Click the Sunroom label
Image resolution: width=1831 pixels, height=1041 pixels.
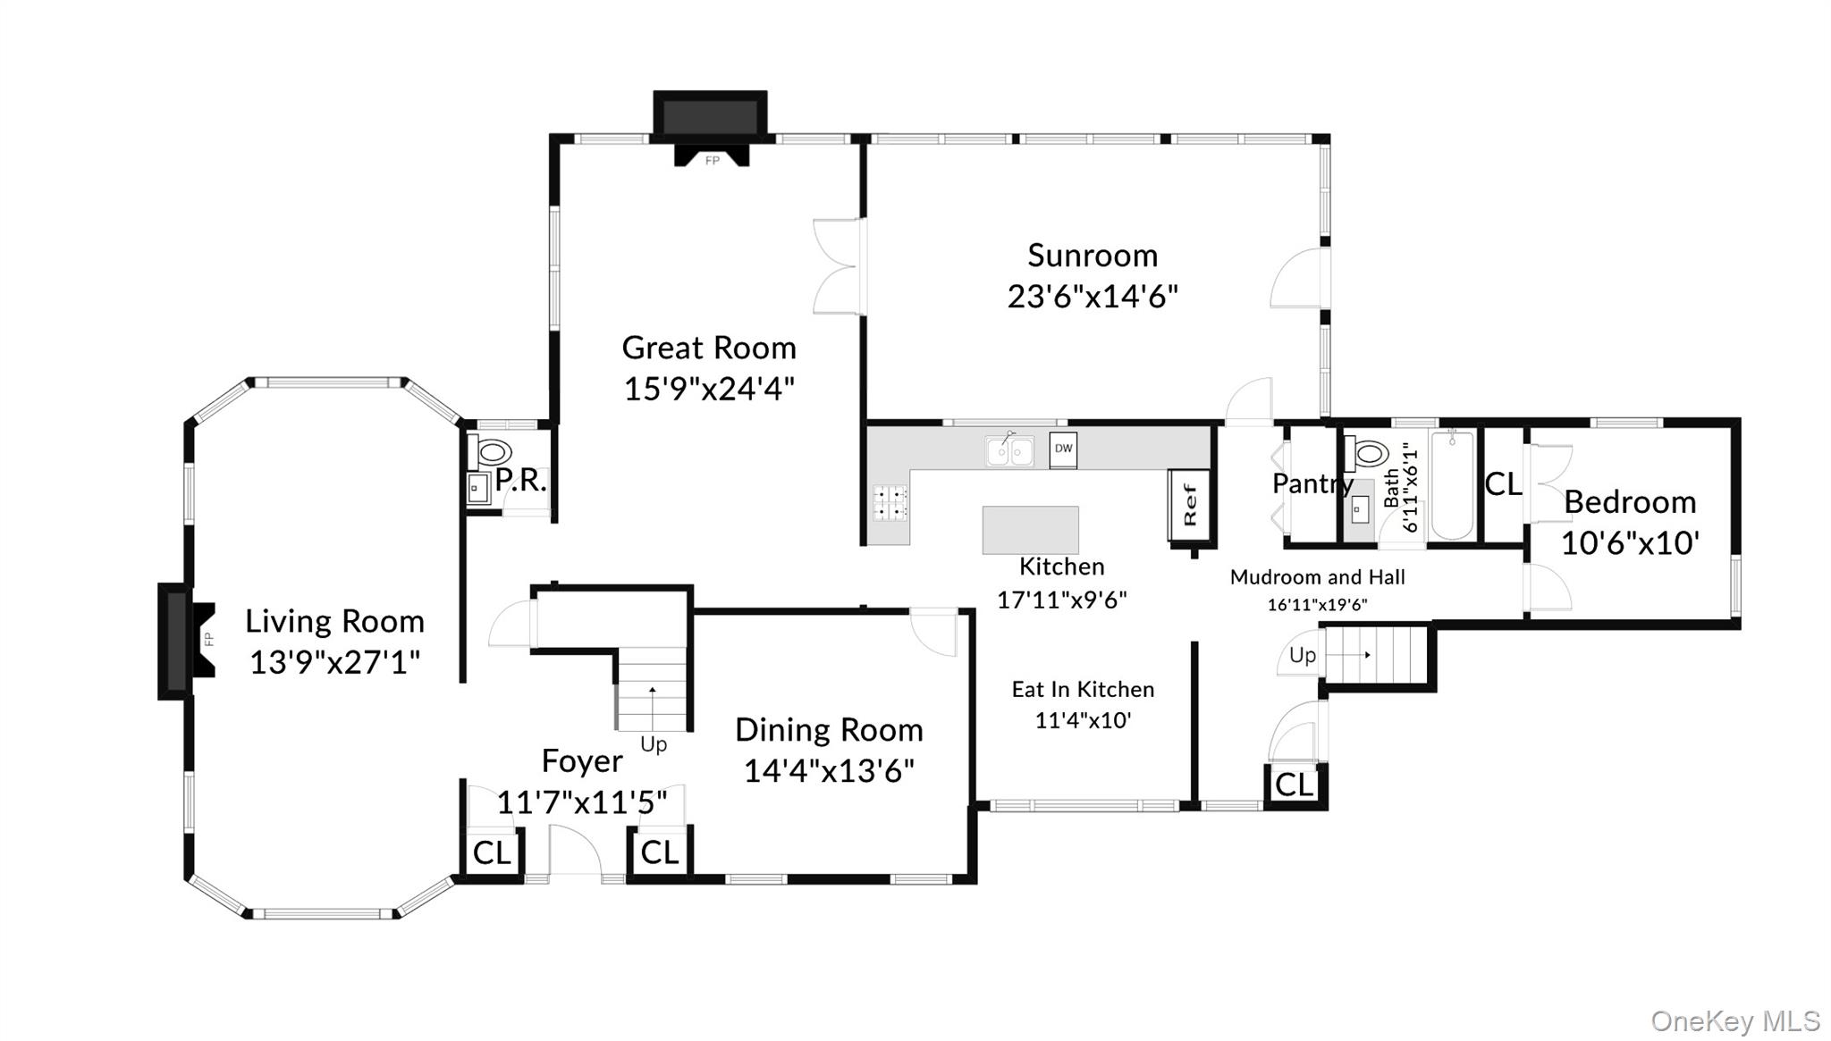coord(1092,256)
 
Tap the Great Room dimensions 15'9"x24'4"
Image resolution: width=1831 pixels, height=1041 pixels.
coord(709,389)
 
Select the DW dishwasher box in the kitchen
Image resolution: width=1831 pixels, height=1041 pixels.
coord(1063,449)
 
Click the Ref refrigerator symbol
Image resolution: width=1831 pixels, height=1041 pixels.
coord(1190,506)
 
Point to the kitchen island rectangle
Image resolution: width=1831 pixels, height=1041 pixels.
coord(1030,530)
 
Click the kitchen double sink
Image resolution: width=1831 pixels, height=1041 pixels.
coord(1009,451)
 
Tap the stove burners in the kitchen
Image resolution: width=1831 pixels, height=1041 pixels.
coord(890,502)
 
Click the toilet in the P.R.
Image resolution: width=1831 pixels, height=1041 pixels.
coord(491,451)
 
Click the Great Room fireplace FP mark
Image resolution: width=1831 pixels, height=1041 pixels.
coord(712,161)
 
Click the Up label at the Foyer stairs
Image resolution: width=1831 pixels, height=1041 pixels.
coord(654,744)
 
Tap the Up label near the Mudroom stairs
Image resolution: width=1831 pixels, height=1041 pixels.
coord(1302,655)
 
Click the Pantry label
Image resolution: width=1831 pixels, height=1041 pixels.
coord(1312,483)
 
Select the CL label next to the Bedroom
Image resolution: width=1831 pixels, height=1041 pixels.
coord(1503,484)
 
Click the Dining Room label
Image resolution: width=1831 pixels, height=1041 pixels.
coord(829,730)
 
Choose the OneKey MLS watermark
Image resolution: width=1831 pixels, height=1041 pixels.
coord(1734,1020)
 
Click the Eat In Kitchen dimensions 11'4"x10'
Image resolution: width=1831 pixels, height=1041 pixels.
coord(1083,720)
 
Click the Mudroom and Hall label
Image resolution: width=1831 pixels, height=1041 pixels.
coord(1317,577)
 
